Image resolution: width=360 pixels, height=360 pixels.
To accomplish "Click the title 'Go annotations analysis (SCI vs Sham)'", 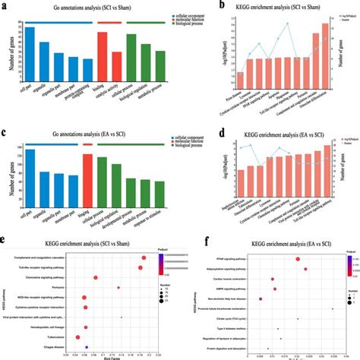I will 92,6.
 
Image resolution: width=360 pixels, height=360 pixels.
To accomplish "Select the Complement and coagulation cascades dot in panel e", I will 143,257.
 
